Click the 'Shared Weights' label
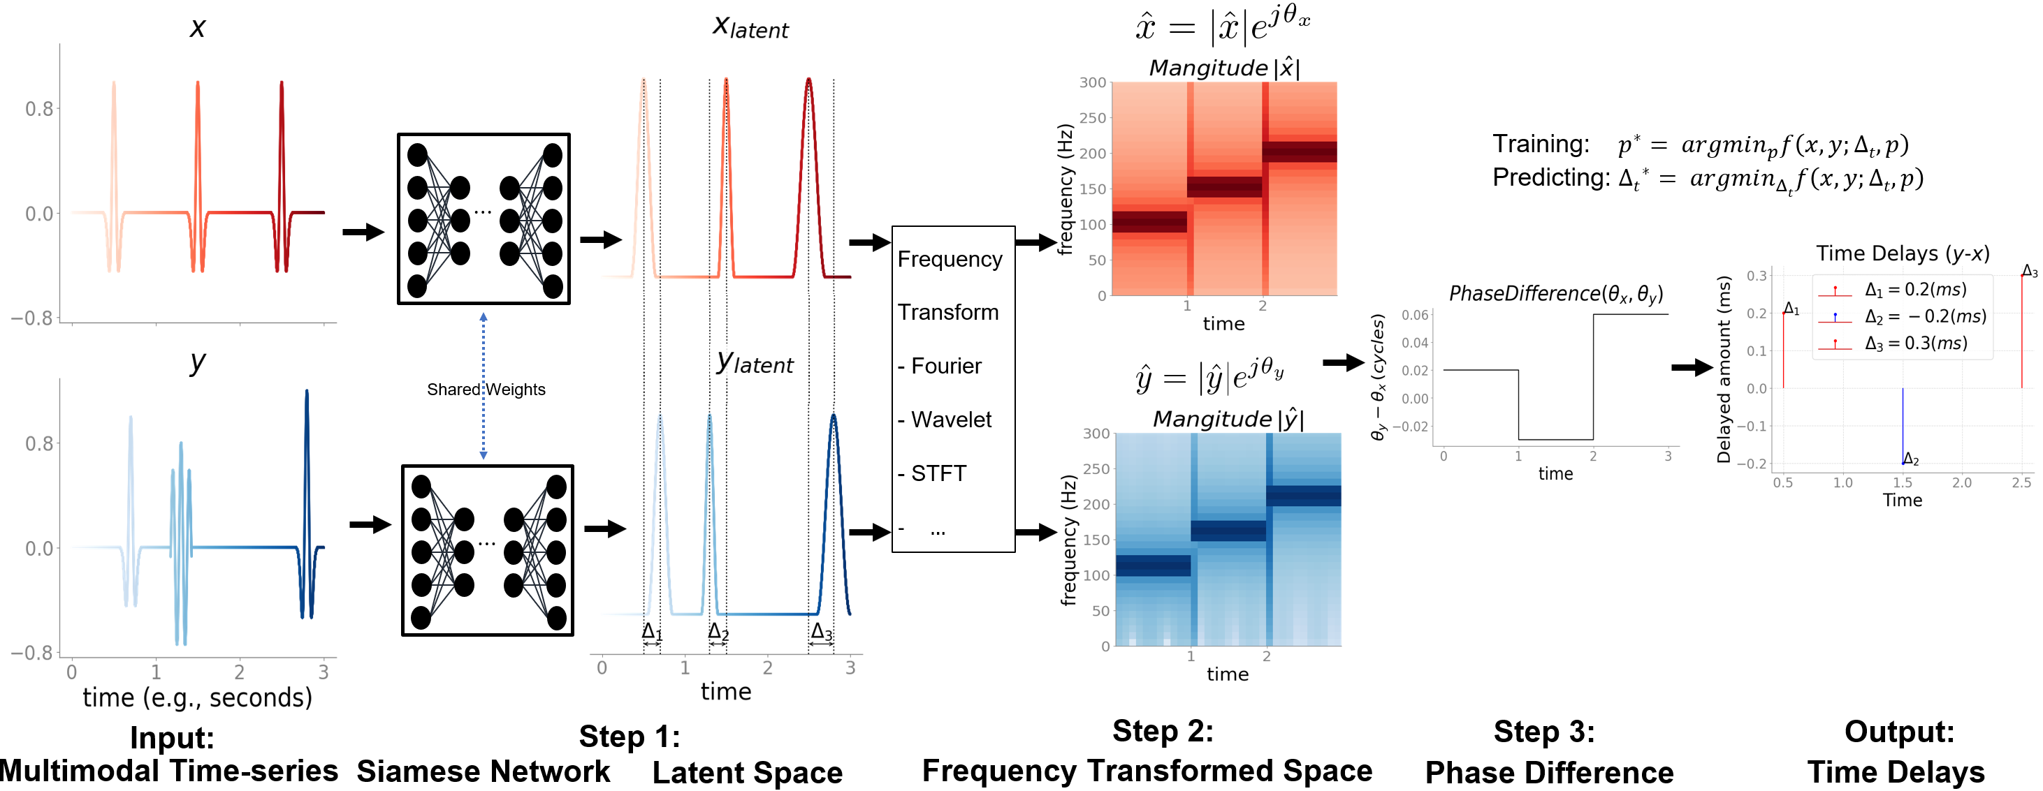486,389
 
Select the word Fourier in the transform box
945,365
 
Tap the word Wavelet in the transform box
950,420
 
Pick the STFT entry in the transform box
938,473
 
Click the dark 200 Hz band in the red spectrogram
1298,151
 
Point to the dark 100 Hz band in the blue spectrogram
1152,565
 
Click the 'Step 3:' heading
1543,732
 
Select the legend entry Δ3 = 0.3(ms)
1915,343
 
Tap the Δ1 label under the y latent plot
651,632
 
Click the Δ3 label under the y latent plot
821,632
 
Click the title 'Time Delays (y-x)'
1902,253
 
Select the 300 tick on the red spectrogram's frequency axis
1092,82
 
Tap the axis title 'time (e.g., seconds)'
198,697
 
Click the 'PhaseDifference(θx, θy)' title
1555,294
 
